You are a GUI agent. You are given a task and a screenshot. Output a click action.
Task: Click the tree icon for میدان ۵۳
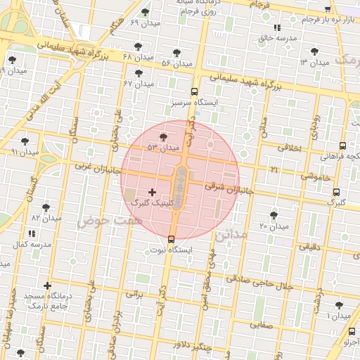[x=164, y=137]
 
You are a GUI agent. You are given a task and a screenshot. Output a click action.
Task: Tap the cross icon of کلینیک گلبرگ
[x=152, y=191]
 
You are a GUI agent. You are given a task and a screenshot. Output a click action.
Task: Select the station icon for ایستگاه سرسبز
[x=194, y=91]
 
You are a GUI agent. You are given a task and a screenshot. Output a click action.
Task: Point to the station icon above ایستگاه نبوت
[x=172, y=239]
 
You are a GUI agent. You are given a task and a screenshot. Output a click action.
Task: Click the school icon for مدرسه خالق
[x=276, y=27]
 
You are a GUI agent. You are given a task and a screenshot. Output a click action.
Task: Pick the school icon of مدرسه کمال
[x=32, y=233]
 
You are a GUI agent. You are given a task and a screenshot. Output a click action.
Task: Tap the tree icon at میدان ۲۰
[x=274, y=215]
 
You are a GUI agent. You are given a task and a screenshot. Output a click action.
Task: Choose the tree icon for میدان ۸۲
[x=46, y=208]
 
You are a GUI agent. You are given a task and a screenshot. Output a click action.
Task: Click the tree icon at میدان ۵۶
[x=176, y=53]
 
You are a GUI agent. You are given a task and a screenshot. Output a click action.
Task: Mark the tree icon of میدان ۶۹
[x=146, y=12]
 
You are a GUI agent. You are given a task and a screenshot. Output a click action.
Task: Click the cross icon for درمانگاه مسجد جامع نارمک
[x=47, y=285]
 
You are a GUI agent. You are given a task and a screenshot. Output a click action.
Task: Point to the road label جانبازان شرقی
[x=228, y=188]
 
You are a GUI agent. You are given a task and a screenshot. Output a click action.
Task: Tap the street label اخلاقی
[x=289, y=149]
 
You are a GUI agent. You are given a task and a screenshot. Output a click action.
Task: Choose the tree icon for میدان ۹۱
[x=25, y=141]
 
